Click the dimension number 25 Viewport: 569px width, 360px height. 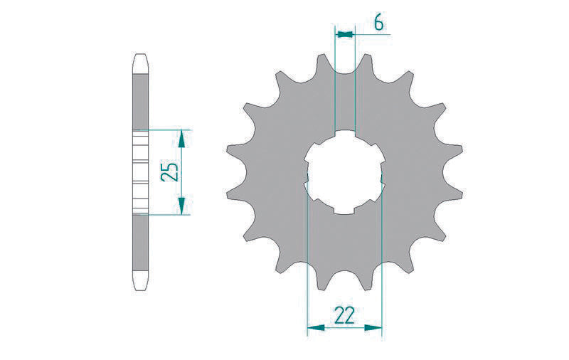click(169, 172)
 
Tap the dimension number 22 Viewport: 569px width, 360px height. click(344, 314)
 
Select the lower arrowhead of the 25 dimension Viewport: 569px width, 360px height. click(183, 207)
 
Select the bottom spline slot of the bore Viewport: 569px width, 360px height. click(345, 211)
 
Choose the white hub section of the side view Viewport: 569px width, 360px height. click(140, 172)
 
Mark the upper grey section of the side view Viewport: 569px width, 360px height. click(140, 100)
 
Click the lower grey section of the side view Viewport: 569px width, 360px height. click(140, 245)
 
